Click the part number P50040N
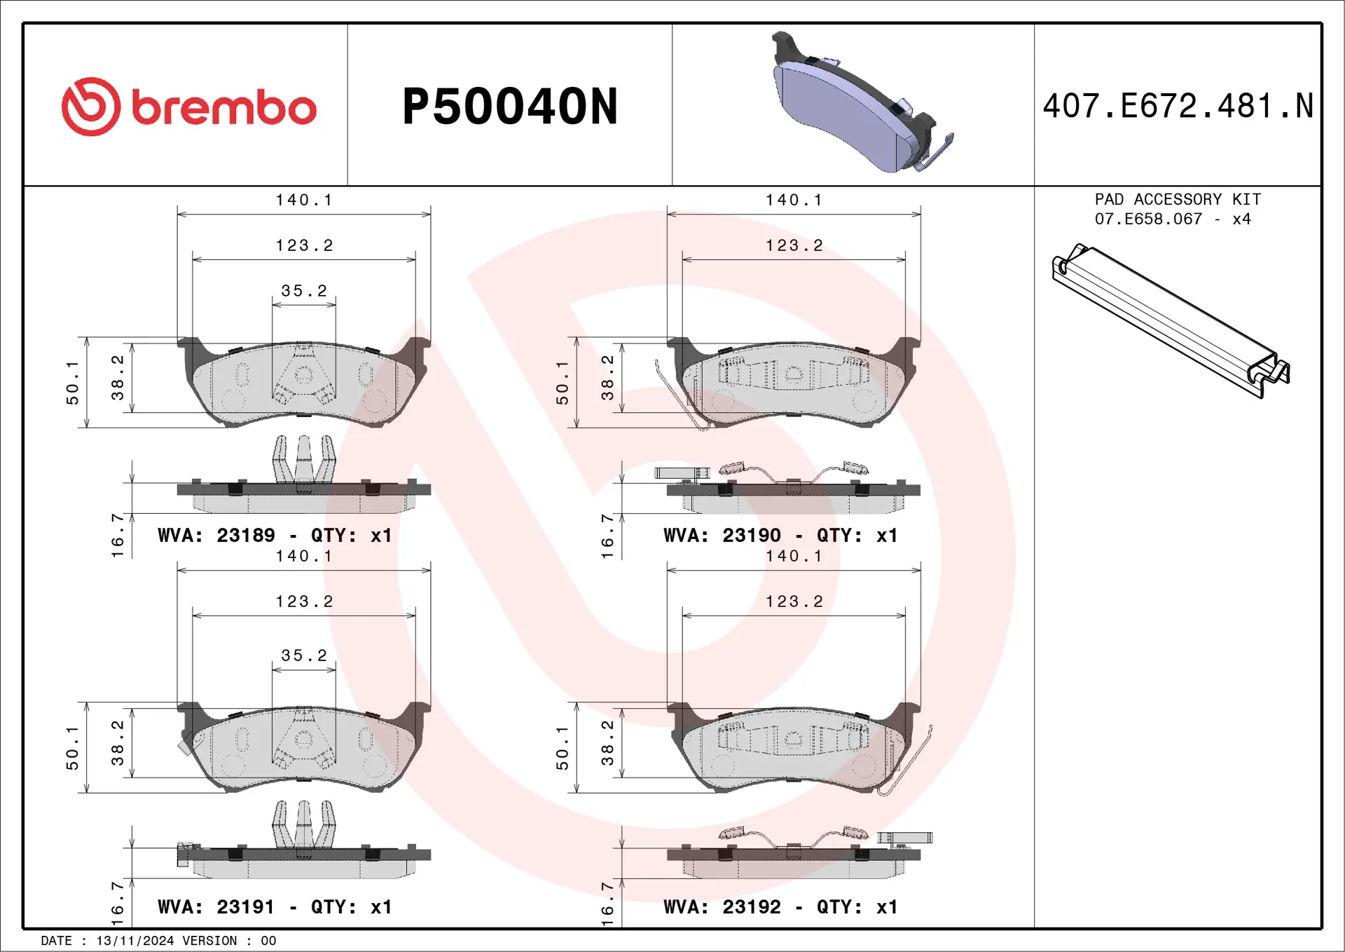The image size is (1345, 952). [x=510, y=107]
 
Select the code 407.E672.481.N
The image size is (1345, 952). [x=1178, y=107]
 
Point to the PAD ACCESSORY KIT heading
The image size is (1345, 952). [x=1178, y=200]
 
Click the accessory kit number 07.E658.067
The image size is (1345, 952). [x=1148, y=219]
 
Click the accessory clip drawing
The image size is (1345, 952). [x=1170, y=320]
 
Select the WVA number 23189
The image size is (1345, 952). [x=245, y=536]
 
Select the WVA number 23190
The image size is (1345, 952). [x=751, y=536]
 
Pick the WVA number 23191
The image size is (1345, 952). [x=245, y=907]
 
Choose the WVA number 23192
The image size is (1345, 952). [x=751, y=907]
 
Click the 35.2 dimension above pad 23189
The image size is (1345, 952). [x=304, y=291]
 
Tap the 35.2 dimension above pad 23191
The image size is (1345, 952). [x=304, y=655]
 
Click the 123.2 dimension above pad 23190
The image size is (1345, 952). [x=794, y=246]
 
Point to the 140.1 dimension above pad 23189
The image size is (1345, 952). [x=304, y=200]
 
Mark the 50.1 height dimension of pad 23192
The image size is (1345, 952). [x=563, y=748]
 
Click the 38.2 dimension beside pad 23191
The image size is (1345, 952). [x=118, y=742]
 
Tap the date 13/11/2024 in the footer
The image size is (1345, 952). [x=134, y=941]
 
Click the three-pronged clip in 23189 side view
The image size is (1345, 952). [x=304, y=458]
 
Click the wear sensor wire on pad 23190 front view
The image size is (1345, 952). [x=676, y=396]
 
